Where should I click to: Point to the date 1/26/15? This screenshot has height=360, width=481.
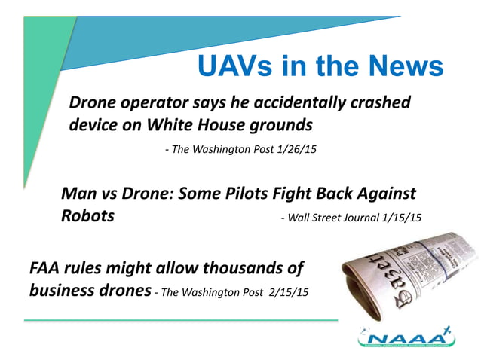293,150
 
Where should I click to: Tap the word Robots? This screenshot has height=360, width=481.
87,216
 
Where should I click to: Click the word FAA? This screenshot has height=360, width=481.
47,267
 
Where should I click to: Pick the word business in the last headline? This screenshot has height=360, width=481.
61,290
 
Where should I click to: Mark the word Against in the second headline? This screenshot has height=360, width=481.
384,194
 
